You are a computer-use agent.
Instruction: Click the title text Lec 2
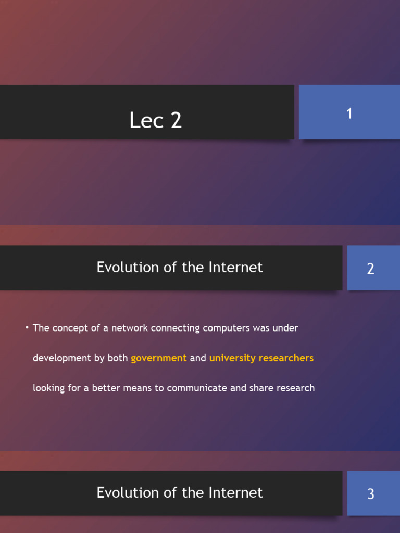[x=155, y=121]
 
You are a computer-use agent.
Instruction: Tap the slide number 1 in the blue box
[x=349, y=113]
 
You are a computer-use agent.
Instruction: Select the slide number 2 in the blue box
[x=370, y=269]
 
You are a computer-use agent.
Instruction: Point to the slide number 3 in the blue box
[x=370, y=494]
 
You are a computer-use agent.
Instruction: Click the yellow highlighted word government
[x=158, y=358]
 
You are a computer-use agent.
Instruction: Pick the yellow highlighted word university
[x=232, y=358]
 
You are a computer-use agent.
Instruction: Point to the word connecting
[x=175, y=328]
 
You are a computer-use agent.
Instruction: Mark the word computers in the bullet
[x=227, y=328]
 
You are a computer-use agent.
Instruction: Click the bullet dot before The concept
[x=26, y=328]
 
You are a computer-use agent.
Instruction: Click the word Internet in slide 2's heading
[x=235, y=268]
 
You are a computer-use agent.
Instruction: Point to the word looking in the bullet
[x=48, y=388]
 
